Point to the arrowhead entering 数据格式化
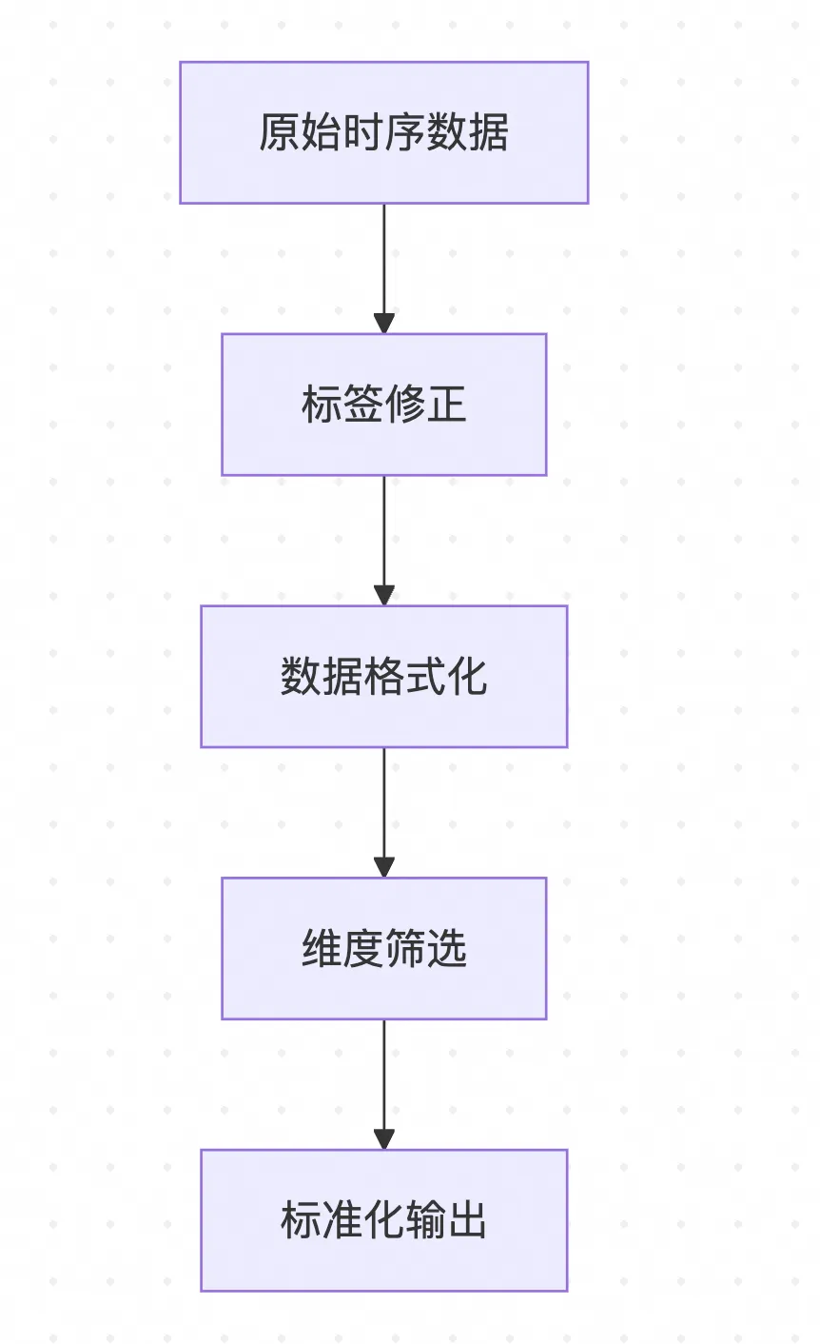coord(383,594)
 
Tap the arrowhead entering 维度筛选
coord(383,866)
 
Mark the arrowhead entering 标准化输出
coord(383,1138)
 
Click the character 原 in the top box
coord(280,132)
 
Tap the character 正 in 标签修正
coord(446,405)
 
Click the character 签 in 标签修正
coord(362,405)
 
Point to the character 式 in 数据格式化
coord(425,677)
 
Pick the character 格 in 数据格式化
coord(383,677)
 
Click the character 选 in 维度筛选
coord(446,949)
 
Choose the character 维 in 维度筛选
coord(322,949)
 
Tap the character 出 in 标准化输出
coord(467,1221)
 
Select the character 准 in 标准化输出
coord(342,1221)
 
